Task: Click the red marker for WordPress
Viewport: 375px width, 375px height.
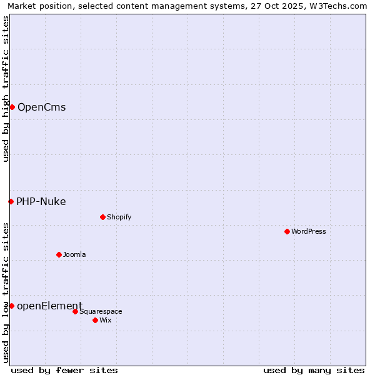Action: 287,231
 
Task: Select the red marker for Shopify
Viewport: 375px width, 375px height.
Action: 102,217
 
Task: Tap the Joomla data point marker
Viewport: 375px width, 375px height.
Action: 59,254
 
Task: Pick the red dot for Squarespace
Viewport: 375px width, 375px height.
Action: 75,311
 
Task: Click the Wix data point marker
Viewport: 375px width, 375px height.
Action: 95,320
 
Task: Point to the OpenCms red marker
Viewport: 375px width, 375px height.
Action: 12,107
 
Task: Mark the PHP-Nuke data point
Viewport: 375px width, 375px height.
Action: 11,201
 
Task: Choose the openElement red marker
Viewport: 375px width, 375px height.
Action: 11,306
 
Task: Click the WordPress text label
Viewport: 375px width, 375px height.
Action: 309,231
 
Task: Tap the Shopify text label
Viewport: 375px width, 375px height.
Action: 119,217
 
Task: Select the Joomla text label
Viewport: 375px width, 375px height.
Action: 74,254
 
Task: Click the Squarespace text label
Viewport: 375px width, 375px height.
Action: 101,311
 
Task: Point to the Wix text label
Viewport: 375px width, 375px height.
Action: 105,320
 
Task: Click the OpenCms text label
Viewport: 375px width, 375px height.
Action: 41,107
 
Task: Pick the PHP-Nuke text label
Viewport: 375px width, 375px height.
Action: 41,201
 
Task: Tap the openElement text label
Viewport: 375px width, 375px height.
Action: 49,306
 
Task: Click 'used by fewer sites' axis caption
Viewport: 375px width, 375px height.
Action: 64,370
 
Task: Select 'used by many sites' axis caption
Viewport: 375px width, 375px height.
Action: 314,370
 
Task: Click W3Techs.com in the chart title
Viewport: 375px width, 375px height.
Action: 338,6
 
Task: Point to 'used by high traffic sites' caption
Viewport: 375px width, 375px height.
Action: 6,89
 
